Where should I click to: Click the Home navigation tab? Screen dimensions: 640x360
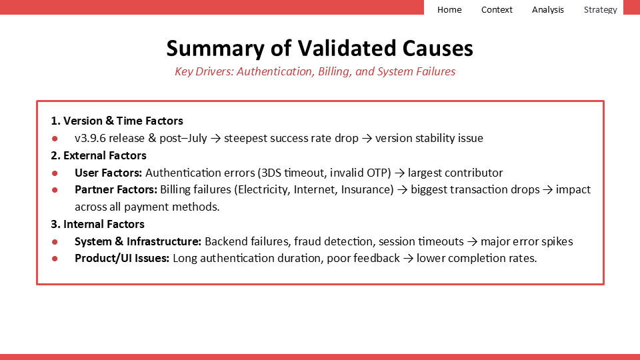[449, 9]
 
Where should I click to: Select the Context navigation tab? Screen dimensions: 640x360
[497, 9]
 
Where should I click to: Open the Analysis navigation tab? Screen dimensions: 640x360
[548, 9]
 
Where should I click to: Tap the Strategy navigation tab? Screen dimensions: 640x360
[600, 9]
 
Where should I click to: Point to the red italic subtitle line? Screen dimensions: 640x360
[315, 71]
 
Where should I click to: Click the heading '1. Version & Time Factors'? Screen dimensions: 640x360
[117, 121]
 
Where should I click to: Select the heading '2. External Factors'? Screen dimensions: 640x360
[99, 155]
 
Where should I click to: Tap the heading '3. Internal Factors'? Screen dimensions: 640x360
[97, 224]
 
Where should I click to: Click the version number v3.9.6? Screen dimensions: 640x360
[90, 138]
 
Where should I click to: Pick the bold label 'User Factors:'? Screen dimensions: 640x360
[108, 173]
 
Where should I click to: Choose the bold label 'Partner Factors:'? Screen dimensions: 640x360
[116, 189]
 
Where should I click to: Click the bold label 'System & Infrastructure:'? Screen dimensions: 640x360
[138, 241]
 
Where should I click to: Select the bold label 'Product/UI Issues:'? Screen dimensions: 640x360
[122, 258]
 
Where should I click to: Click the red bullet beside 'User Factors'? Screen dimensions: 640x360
[55, 173]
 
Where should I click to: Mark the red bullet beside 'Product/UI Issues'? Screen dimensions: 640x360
[55, 259]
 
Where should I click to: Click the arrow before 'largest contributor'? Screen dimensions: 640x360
[399, 173]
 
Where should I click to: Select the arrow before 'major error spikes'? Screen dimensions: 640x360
[472, 241]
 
